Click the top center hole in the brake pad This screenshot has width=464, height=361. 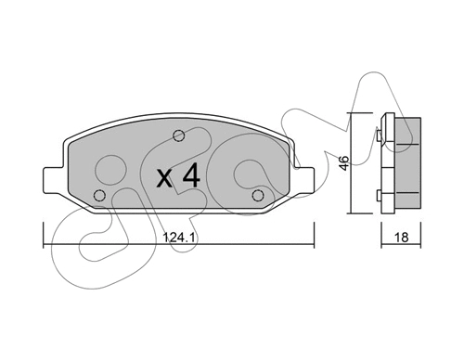pyautogui.click(x=180, y=136)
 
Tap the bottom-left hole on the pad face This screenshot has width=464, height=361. pyautogui.click(x=99, y=195)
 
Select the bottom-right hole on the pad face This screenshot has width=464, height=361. pyautogui.click(x=259, y=195)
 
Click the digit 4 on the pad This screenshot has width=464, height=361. pyautogui.click(x=190, y=174)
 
